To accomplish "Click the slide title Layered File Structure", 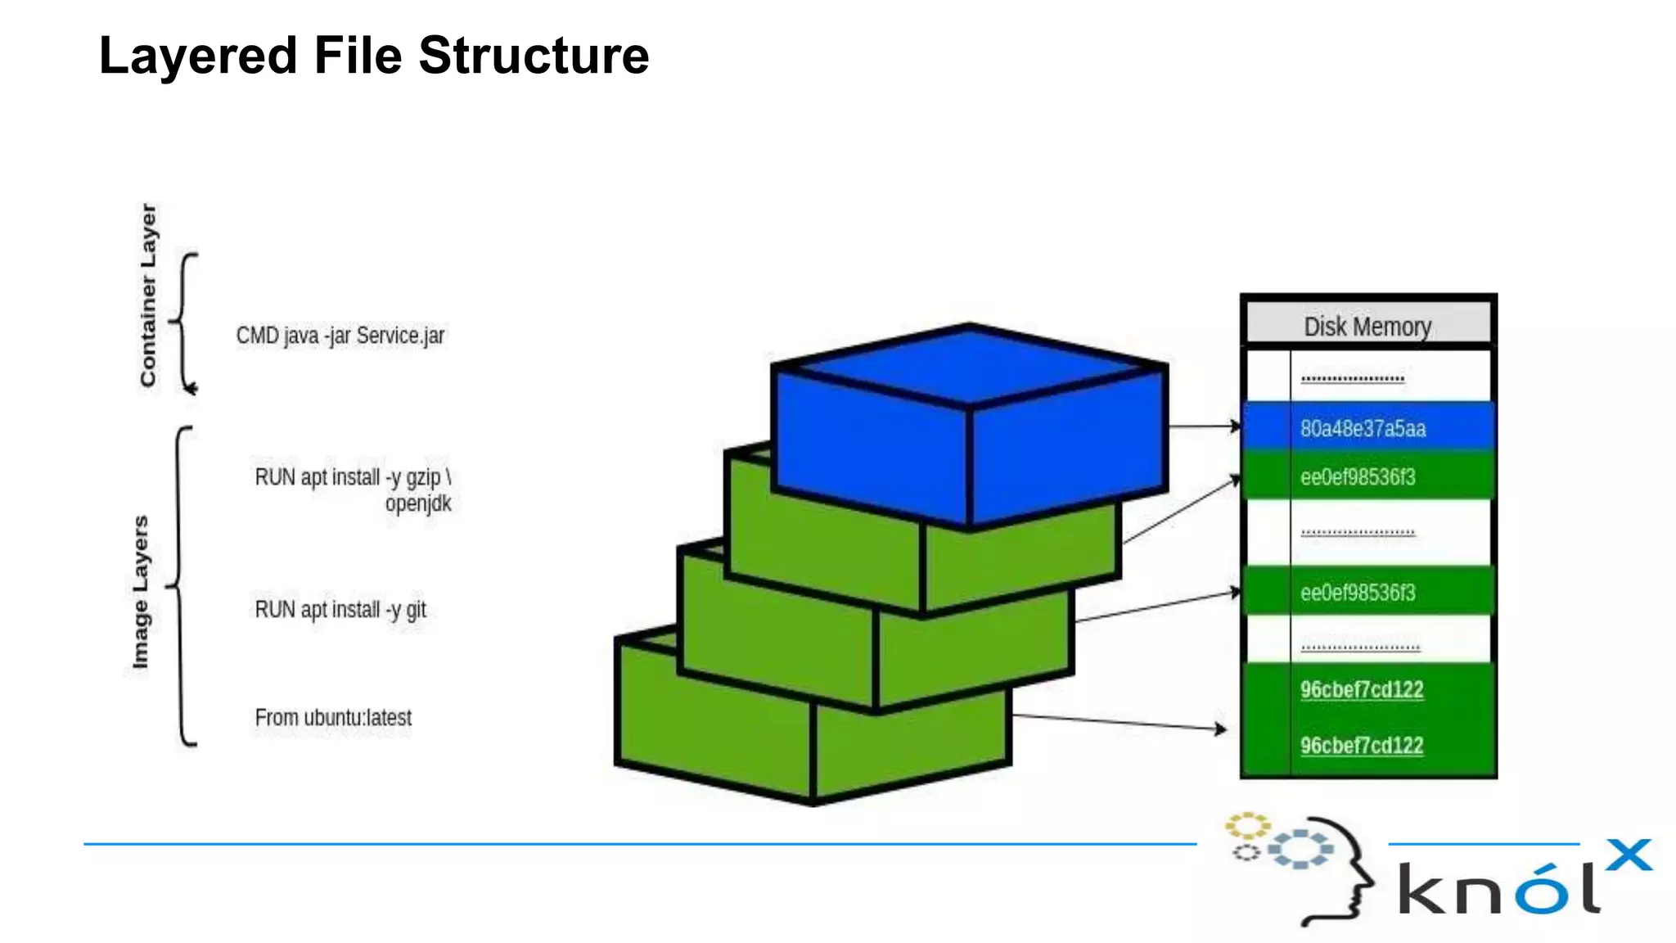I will point(374,56).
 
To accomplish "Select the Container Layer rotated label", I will point(148,295).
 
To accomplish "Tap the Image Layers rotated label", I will point(141,591).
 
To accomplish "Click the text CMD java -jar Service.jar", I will point(340,336).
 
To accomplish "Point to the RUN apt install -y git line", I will point(340,610).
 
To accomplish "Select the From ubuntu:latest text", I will point(333,718).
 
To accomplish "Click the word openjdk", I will point(418,503).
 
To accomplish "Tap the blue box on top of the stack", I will point(970,426).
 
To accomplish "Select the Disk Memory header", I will point(1367,326).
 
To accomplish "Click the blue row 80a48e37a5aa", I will point(1363,428).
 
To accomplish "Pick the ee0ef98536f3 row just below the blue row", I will point(1358,477).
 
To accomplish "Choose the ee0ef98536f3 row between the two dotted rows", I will point(1358,593).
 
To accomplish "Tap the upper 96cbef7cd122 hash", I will point(1362,689).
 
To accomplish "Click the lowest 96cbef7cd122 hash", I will point(1362,746).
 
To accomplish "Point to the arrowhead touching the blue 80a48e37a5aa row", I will point(1236,426).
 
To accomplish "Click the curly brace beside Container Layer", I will point(184,323).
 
